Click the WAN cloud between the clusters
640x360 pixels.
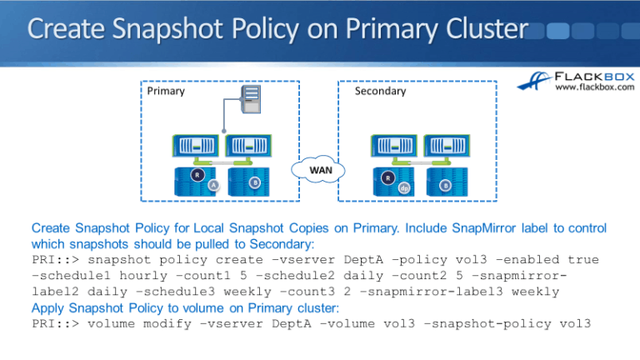(x=314, y=171)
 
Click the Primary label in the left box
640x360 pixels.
(x=166, y=91)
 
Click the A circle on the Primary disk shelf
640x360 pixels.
(x=213, y=187)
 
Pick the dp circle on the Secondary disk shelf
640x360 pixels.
(x=403, y=187)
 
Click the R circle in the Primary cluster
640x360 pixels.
(x=197, y=175)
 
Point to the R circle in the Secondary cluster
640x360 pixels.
(x=387, y=177)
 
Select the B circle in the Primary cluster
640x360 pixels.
(x=254, y=182)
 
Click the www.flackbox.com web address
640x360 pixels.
(x=593, y=88)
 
